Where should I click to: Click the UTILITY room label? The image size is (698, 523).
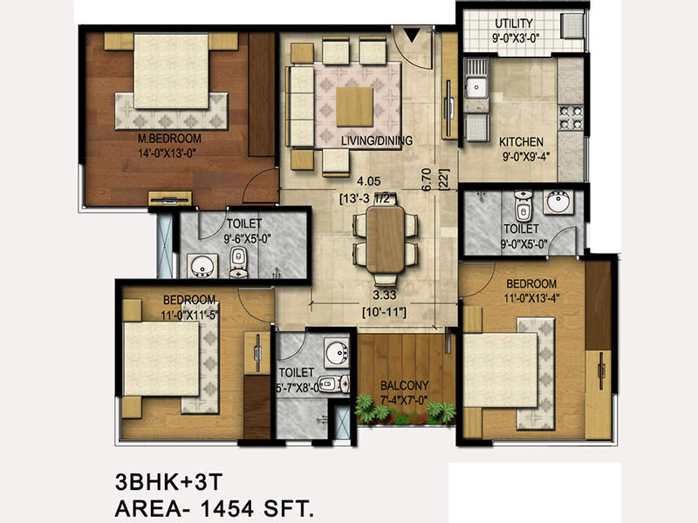click(514, 24)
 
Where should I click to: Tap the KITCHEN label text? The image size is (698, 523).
click(521, 142)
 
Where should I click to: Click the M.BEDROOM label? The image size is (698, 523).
click(169, 139)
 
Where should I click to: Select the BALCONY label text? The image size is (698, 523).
click(404, 385)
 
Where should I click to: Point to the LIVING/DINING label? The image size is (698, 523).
click(377, 141)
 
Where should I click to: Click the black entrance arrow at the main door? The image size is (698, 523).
click(413, 36)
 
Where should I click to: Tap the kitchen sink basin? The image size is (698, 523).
click(476, 86)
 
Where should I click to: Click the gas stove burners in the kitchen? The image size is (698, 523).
click(571, 118)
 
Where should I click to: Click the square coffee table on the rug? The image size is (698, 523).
click(354, 106)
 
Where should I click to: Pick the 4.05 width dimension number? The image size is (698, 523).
click(369, 181)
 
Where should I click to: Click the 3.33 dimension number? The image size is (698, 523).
click(385, 295)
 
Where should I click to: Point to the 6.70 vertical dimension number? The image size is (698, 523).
click(426, 180)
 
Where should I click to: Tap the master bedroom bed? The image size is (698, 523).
click(171, 71)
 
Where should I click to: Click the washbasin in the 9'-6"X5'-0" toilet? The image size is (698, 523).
click(202, 266)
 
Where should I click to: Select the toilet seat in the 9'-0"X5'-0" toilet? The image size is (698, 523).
click(523, 207)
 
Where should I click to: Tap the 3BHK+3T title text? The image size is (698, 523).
click(168, 482)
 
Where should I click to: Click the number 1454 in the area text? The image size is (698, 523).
click(227, 507)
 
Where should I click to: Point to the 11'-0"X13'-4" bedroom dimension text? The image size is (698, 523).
click(531, 298)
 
